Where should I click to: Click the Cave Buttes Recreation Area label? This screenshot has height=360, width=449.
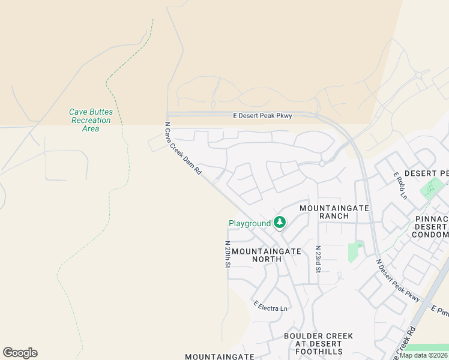pyautogui.click(x=91, y=120)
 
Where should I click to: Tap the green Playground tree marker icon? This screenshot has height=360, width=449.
pyautogui.click(x=279, y=223)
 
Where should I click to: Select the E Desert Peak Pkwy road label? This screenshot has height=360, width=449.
pyautogui.click(x=263, y=116)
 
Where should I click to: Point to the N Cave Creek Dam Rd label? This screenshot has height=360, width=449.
pyautogui.click(x=183, y=148)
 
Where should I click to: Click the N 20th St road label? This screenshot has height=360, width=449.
pyautogui.click(x=228, y=255)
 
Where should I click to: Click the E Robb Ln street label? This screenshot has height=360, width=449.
pyautogui.click(x=400, y=186)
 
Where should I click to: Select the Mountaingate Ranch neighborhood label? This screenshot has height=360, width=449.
pyautogui.click(x=334, y=212)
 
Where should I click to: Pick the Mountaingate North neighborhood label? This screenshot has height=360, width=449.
pyautogui.click(x=266, y=255)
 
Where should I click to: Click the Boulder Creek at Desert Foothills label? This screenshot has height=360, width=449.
pyautogui.click(x=318, y=344)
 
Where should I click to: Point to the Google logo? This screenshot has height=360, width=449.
pyautogui.click(x=20, y=353)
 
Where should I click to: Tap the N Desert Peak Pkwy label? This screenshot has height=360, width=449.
pyautogui.click(x=397, y=280)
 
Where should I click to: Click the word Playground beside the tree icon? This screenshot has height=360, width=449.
pyautogui.click(x=250, y=224)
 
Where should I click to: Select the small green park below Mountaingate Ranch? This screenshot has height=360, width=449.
pyautogui.click(x=355, y=252)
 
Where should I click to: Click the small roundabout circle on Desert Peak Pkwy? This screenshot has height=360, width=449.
pyautogui.click(x=322, y=163)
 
